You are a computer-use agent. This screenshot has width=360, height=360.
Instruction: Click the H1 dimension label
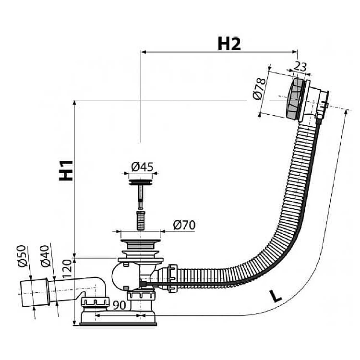coord(67,170)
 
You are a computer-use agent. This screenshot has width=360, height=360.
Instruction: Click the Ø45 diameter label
coord(142,167)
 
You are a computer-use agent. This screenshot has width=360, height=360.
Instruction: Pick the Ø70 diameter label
coord(183,225)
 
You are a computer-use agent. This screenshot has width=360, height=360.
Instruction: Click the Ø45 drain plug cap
coord(141,181)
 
